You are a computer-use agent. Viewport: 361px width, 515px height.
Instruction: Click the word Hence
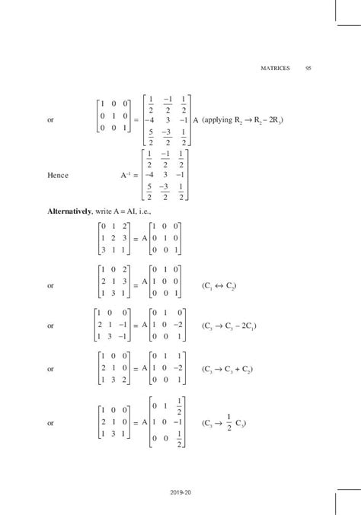[57, 176]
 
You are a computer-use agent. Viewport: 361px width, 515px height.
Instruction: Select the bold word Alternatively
[75, 211]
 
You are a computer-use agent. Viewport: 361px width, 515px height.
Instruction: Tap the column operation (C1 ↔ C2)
[220, 286]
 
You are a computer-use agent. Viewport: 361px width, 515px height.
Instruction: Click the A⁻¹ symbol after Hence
[126, 176]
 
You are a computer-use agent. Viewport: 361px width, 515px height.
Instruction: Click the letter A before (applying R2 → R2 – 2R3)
[196, 120]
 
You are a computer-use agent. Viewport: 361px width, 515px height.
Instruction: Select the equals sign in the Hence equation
[138, 176]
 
